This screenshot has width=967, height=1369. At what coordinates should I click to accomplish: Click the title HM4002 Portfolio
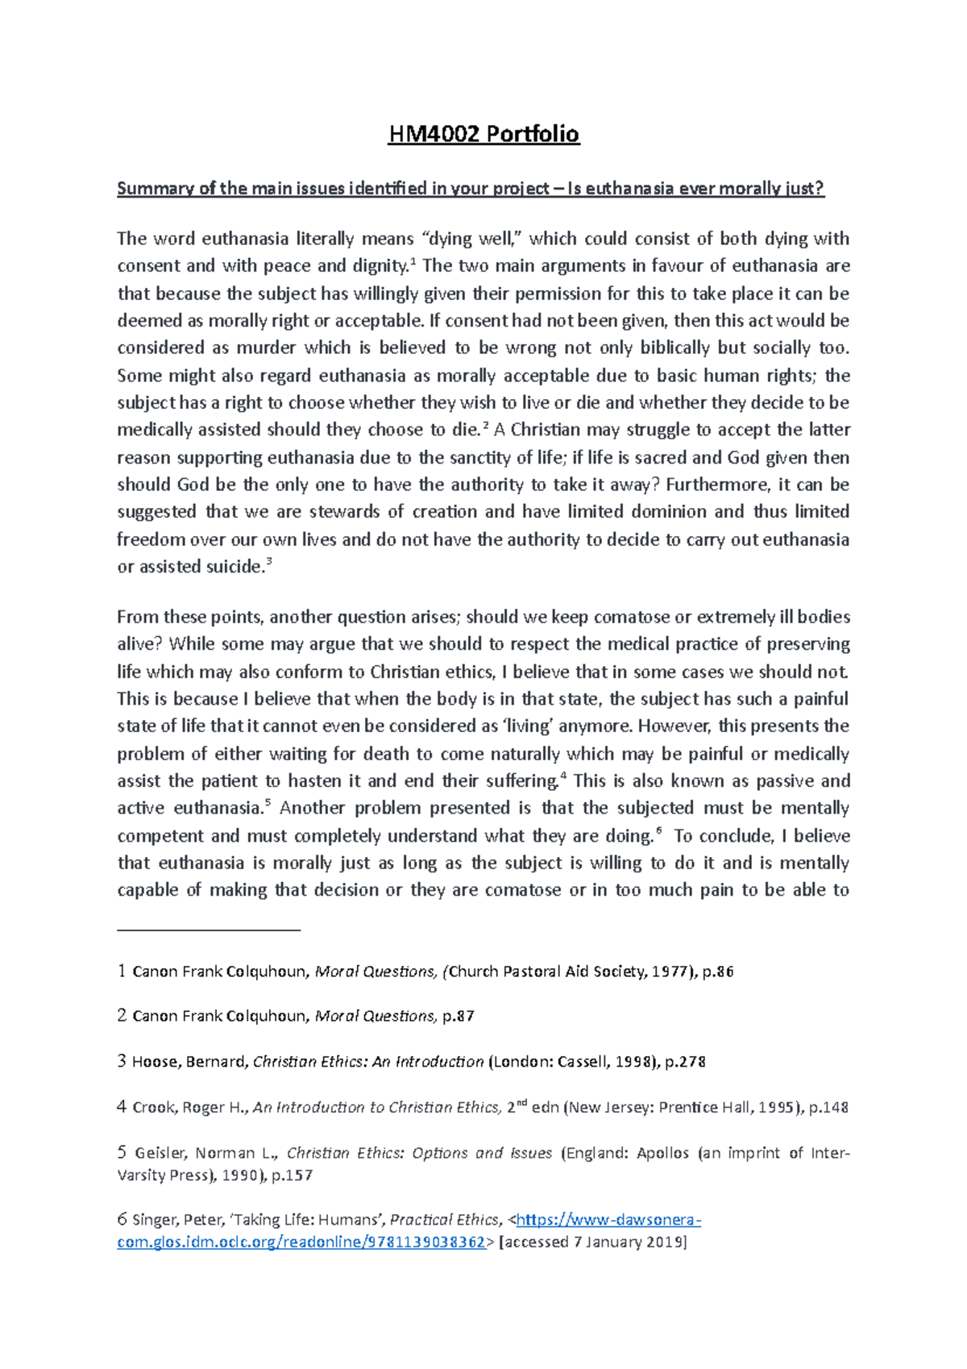[x=483, y=134]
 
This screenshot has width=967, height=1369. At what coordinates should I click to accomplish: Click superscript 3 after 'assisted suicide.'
[x=269, y=564]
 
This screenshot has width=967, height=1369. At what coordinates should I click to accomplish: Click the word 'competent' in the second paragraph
[x=156, y=836]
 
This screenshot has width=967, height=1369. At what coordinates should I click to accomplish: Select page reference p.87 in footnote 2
[x=458, y=1017]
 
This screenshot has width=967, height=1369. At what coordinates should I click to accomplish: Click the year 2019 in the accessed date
[x=666, y=1242]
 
